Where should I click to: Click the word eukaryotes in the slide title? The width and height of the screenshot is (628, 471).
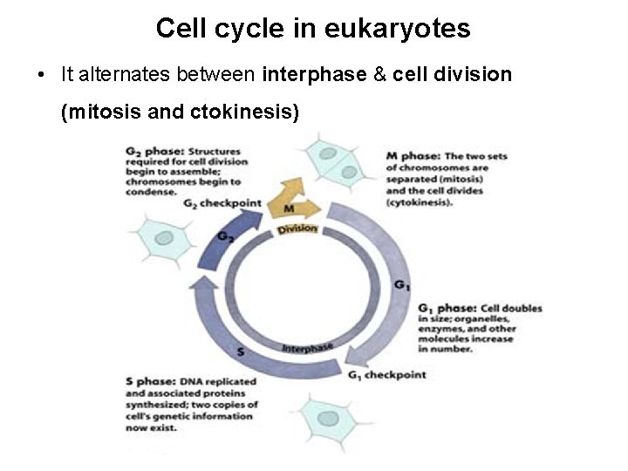click(x=397, y=29)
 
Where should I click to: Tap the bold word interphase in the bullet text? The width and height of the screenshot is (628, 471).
click(x=314, y=75)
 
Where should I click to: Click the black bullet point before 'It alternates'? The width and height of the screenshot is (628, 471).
click(x=41, y=75)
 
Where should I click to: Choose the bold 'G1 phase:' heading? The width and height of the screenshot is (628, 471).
click(x=447, y=309)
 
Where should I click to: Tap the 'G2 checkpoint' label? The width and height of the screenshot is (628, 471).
click(x=222, y=203)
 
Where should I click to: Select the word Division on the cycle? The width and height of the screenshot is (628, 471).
click(x=297, y=229)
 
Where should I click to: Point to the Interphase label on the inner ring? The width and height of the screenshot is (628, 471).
click(x=307, y=348)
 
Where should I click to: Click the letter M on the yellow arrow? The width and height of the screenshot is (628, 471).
click(x=289, y=208)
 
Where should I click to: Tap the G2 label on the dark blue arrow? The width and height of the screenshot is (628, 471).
click(x=225, y=236)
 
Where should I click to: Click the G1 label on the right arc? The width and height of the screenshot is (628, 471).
click(x=401, y=285)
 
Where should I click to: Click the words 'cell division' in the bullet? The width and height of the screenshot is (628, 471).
click(x=452, y=75)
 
